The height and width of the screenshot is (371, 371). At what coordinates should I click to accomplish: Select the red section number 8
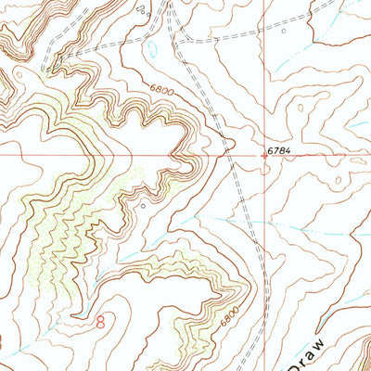click(100, 321)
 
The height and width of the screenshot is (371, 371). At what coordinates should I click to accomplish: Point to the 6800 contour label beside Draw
click(229, 315)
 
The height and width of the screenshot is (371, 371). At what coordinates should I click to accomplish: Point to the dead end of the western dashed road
click(45, 70)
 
